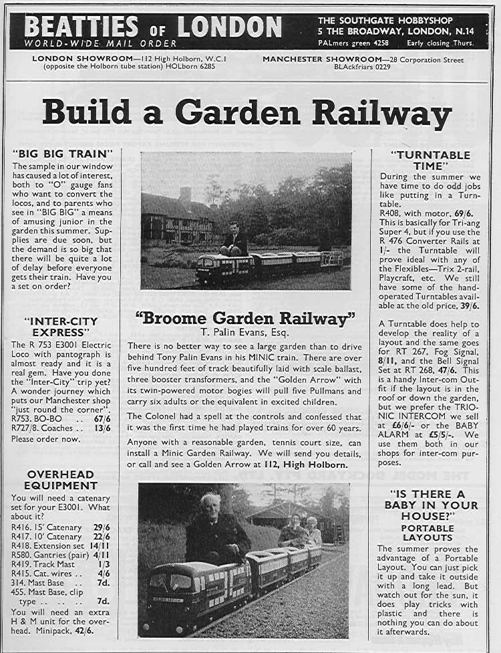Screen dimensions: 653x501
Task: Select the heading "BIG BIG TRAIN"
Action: click(x=63, y=154)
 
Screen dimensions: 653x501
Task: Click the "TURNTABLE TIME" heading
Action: click(x=430, y=160)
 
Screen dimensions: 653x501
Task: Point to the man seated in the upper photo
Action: click(x=234, y=239)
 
